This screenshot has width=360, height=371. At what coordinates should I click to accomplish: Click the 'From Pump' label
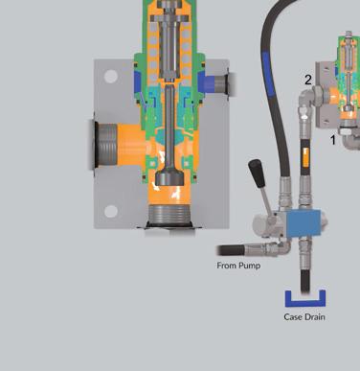238,266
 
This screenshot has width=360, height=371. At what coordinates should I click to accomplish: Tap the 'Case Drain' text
304,317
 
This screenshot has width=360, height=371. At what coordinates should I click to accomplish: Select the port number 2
307,81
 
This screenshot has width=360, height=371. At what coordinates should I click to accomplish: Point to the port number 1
333,140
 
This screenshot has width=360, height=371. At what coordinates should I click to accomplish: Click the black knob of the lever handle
257,174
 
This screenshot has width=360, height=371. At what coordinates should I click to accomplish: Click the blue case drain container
305,299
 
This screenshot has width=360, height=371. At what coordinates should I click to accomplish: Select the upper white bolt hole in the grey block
111,77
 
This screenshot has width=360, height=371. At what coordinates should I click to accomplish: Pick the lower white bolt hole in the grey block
111,212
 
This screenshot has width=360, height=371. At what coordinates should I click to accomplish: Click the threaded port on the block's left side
106,146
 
